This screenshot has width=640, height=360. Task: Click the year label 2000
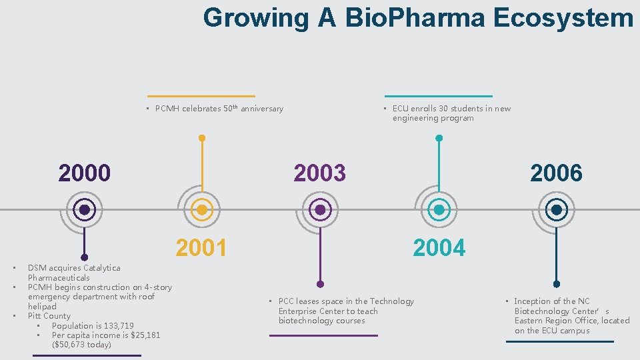tap(84, 173)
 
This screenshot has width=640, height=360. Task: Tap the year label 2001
tap(201, 248)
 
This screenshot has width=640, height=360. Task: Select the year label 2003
tap(320, 173)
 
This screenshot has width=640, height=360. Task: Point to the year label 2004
tap(439, 248)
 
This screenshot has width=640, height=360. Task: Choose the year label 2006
tap(556, 173)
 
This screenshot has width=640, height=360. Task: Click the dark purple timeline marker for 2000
tap(85, 210)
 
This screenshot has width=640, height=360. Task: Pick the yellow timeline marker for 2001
tap(202, 210)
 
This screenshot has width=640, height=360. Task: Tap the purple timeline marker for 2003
tap(320, 210)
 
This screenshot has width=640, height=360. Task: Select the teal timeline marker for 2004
tap(439, 210)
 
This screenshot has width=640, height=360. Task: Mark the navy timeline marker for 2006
tap(556, 210)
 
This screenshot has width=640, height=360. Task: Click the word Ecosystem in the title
tap(563, 18)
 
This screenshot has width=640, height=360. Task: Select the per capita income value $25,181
tap(141, 335)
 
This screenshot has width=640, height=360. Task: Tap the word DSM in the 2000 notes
tap(37, 268)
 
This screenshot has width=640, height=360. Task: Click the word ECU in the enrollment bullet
tap(401, 109)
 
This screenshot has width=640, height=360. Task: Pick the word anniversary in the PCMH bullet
tap(262, 109)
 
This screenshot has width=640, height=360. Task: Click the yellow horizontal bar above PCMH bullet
tap(201, 96)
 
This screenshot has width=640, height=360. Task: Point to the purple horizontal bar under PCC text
tap(323, 335)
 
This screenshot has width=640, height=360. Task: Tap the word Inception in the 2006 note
tap(533, 301)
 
